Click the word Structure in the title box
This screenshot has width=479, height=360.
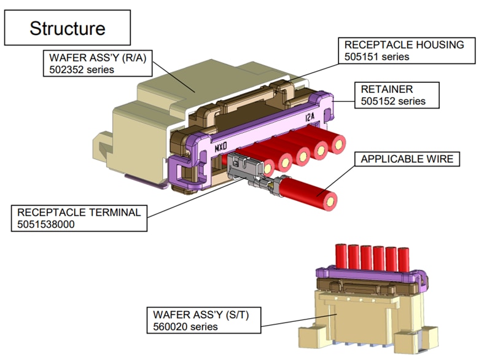click(68, 28)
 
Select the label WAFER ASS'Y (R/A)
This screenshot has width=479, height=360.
click(91, 58)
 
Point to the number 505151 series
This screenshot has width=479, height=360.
click(376, 57)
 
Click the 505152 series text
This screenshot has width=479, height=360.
click(393, 101)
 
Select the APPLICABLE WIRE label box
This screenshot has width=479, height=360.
click(407, 159)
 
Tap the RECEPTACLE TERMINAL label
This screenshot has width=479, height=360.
click(79, 213)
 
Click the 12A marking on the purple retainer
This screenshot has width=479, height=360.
click(312, 117)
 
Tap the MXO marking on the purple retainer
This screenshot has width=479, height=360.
click(221, 147)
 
